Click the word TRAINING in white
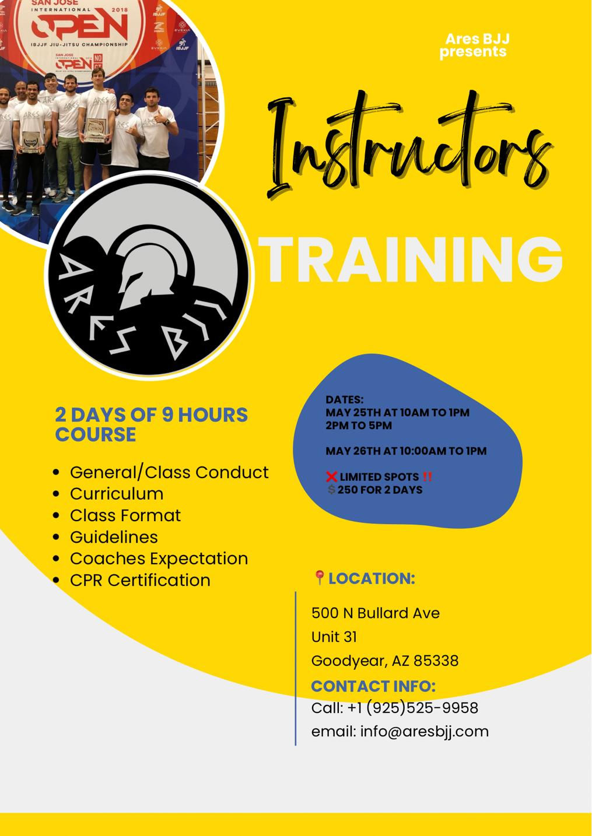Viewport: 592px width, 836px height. pos(413,259)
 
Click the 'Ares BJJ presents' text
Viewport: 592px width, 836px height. pos(475,45)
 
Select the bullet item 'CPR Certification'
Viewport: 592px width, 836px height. pos(140,580)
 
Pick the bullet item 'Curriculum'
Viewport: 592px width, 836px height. pos(117,494)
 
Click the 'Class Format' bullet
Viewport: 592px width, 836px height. pos(125,515)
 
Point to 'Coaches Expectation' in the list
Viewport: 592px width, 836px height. pos(159,558)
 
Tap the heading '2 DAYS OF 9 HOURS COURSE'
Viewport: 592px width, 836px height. pos(151,424)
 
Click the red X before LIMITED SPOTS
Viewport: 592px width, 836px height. pos(332,477)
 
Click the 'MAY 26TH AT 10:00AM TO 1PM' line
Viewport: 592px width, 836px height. pos(406,451)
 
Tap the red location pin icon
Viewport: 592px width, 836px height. pos(319,578)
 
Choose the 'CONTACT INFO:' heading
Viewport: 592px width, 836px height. pos(373,686)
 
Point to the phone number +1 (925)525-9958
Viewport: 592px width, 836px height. pos(412,708)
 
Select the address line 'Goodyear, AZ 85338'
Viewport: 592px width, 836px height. pos(385,661)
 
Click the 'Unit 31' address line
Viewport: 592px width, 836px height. pos(334,637)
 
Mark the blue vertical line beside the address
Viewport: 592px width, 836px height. pos(296,668)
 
